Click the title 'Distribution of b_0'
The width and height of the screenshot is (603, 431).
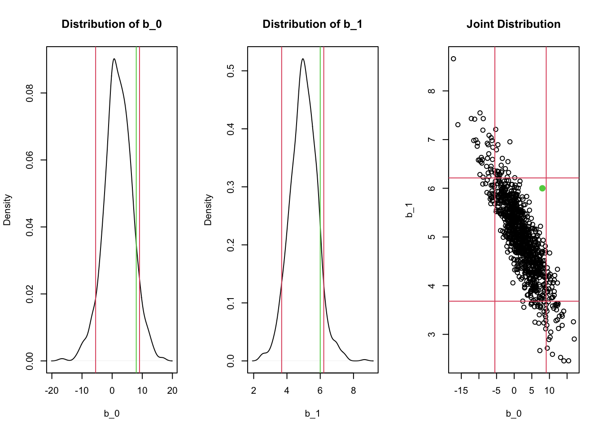111,24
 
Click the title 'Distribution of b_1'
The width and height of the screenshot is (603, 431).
312,24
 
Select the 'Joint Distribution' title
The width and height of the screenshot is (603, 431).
513,24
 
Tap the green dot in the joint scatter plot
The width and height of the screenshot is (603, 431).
542,188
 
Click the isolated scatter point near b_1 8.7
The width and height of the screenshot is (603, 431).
453,59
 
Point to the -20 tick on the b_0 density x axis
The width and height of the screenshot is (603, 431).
52,391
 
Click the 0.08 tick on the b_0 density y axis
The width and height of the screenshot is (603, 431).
30,93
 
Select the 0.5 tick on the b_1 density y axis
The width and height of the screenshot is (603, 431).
231,71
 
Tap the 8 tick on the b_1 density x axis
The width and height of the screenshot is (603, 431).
354,391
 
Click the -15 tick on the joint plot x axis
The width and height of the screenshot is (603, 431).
461,391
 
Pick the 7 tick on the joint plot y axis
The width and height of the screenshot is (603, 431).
432,140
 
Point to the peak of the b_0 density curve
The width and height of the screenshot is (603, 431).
114,59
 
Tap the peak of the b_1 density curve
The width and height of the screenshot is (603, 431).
303,59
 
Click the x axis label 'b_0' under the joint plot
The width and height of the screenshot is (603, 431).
514,413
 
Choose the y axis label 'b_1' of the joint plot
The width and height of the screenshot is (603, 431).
409,210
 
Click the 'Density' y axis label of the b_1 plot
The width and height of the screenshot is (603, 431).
208,209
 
